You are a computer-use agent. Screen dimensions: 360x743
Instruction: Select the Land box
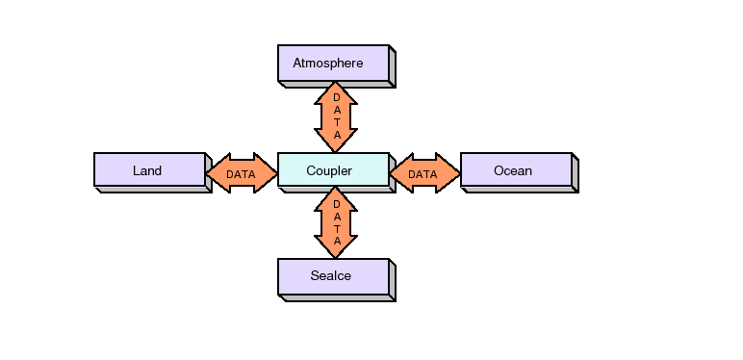tap(149, 169)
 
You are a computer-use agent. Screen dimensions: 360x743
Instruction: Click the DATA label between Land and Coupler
tap(241, 174)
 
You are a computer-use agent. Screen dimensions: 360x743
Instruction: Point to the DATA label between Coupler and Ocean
tap(423, 174)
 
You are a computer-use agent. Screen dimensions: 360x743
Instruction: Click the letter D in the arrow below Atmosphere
tap(336, 97)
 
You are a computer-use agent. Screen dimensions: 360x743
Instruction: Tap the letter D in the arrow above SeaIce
tap(336, 204)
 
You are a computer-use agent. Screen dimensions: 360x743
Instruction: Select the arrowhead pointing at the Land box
tap(217, 173)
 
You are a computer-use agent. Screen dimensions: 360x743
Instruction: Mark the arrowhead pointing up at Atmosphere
tap(336, 90)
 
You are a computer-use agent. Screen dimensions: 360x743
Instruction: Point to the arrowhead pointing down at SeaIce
tap(336, 248)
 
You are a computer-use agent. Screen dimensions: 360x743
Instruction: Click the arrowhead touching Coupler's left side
tap(267, 173)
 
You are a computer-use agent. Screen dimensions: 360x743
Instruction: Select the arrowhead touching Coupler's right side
tap(399, 173)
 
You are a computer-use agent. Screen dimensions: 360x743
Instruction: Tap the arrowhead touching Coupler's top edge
tap(336, 142)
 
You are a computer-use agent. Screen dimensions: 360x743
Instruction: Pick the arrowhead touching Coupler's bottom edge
tap(336, 196)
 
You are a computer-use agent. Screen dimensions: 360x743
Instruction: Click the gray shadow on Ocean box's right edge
tap(576, 173)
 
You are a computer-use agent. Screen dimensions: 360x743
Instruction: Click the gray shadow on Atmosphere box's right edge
tap(393, 66)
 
